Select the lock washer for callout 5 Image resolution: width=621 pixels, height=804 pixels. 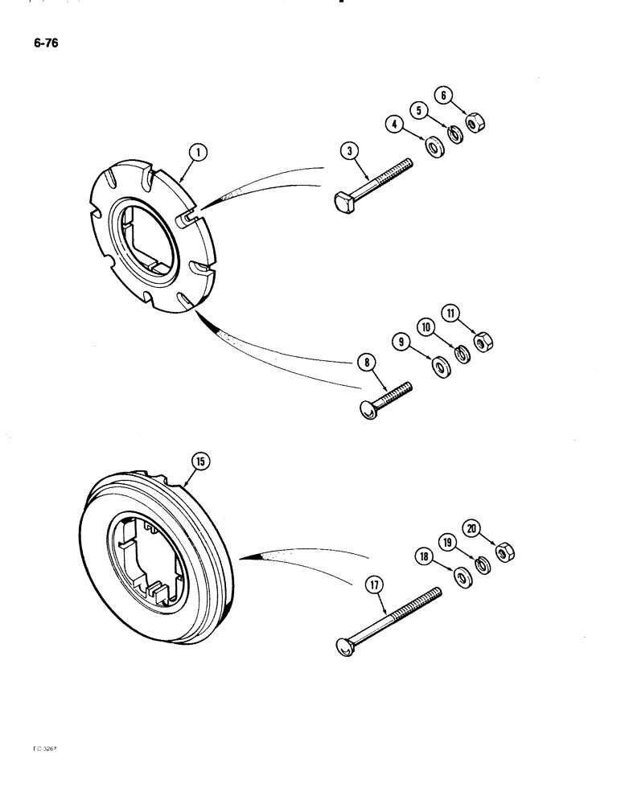456,134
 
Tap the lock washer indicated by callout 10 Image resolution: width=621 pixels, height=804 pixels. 463,355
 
